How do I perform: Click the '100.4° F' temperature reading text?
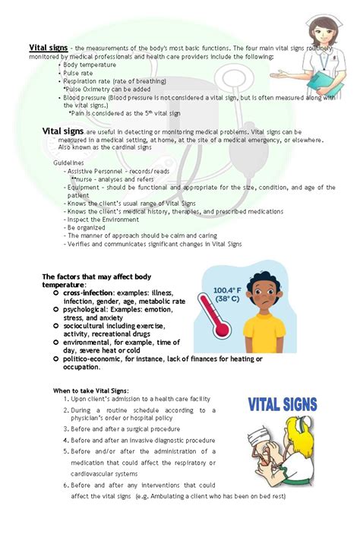[x=229, y=289]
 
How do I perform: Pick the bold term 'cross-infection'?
[x=88, y=292]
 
